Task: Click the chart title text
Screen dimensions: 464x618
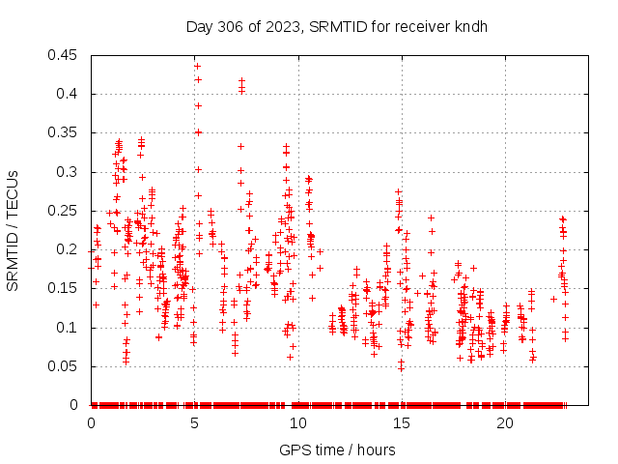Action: coord(336,26)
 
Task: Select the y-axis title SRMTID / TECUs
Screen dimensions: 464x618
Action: coord(13,230)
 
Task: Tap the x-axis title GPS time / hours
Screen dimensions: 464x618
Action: coord(336,449)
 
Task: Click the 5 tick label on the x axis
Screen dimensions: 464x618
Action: coord(195,423)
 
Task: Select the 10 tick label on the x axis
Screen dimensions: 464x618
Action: coord(298,423)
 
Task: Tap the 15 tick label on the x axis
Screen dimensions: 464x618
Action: coord(402,423)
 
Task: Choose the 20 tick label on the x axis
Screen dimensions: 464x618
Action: coord(505,423)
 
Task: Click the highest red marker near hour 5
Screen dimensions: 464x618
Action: coord(197,67)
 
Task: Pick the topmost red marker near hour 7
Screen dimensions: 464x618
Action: coord(241,81)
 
